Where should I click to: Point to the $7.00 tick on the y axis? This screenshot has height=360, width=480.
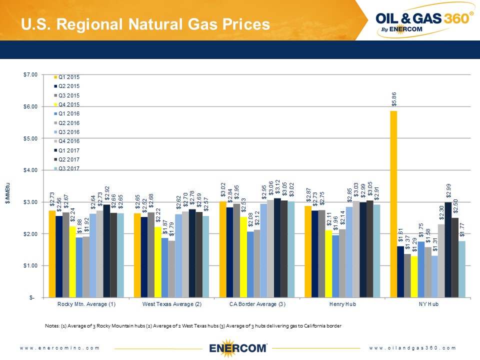point(30,74)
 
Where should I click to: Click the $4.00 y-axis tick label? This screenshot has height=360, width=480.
point(30,170)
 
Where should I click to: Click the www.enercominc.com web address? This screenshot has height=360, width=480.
point(60,347)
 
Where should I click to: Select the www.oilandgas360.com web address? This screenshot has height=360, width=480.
point(413,347)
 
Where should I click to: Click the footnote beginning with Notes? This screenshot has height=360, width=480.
point(192,326)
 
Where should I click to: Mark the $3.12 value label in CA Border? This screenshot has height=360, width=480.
point(277,190)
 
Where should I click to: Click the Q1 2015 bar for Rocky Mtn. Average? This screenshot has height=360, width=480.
point(52,254)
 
